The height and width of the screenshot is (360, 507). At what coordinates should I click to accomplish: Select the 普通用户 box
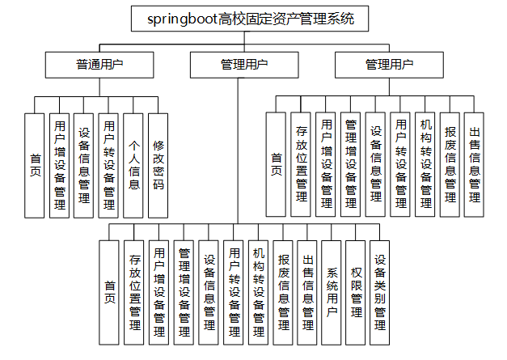[99, 64]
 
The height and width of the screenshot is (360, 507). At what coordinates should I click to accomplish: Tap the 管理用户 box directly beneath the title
[238, 64]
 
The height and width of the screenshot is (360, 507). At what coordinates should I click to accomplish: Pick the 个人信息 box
[133, 165]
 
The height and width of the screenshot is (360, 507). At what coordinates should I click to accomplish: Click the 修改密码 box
[158, 165]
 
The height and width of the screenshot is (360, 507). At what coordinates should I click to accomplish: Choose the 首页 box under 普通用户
[35, 165]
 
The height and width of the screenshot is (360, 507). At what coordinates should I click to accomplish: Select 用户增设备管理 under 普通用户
[59, 165]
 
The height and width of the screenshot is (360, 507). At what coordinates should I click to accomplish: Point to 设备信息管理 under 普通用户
[83, 165]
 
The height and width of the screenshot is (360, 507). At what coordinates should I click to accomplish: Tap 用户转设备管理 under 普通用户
[108, 165]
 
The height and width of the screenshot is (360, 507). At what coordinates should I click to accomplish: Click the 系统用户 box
[332, 292]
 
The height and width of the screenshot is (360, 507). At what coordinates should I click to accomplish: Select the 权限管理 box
[356, 292]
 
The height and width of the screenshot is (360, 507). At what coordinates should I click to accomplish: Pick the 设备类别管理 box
[380, 292]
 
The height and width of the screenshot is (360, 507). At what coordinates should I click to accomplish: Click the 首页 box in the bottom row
[110, 292]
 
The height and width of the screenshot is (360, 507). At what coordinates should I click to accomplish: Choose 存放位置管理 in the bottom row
[135, 292]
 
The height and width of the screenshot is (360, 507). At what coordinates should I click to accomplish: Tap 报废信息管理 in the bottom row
[283, 292]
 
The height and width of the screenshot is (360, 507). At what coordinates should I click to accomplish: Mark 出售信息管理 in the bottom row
[307, 292]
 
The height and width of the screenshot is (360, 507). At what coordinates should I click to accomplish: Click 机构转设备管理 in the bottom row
[258, 292]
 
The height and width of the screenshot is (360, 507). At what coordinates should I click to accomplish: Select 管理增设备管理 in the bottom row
[184, 292]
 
